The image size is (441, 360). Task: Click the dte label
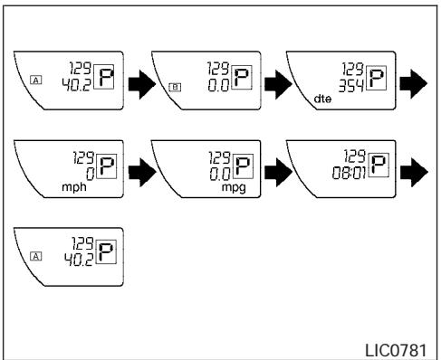click(x=322, y=99)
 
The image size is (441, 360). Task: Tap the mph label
click(x=74, y=187)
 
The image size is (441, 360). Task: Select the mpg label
click(x=234, y=187)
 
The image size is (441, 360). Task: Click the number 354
click(x=350, y=86)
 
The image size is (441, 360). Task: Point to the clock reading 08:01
click(x=349, y=174)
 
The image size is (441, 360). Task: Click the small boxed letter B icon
click(x=175, y=87)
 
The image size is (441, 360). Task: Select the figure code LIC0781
click(x=396, y=350)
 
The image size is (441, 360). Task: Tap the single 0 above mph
click(x=90, y=175)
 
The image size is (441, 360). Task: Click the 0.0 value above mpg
click(x=220, y=175)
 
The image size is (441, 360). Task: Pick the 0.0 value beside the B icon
click(x=218, y=85)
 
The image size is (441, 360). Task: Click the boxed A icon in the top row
click(x=36, y=81)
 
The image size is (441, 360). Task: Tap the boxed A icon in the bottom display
click(x=36, y=257)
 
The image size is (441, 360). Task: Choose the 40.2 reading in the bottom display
click(x=79, y=260)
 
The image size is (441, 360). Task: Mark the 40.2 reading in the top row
click(x=76, y=85)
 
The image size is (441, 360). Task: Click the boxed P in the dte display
click(x=376, y=78)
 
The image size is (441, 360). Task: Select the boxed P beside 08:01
click(x=379, y=166)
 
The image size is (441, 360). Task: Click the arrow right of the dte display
click(x=414, y=83)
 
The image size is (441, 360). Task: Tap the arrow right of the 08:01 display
click(x=414, y=172)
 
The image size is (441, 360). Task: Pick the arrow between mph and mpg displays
click(x=142, y=172)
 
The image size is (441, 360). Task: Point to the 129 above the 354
click(x=352, y=69)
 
